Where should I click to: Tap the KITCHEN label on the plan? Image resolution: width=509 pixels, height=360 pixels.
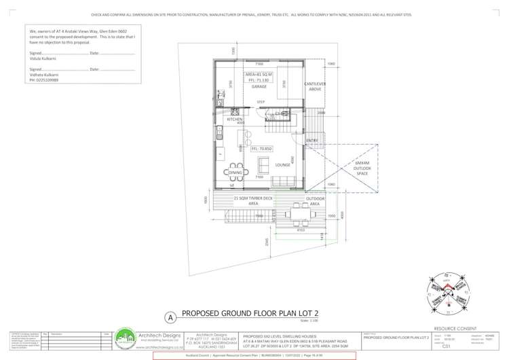pos(235,119)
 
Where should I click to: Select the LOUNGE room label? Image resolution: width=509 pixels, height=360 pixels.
pos(283,165)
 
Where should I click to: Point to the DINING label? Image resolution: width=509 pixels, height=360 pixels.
pos(235,173)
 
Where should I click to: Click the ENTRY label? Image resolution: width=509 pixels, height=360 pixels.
pos(312,141)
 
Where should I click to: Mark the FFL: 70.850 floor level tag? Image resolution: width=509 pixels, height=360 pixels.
pos(262,148)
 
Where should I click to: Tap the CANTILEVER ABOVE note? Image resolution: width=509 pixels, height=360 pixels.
pos(315,86)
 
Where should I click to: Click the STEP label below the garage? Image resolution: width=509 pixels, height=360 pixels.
pos(261,102)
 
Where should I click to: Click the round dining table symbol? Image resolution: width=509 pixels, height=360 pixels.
pos(234,166)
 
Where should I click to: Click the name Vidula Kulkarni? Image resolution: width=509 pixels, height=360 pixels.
pos(44,58)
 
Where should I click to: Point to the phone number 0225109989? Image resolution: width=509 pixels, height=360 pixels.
pos(43,80)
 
